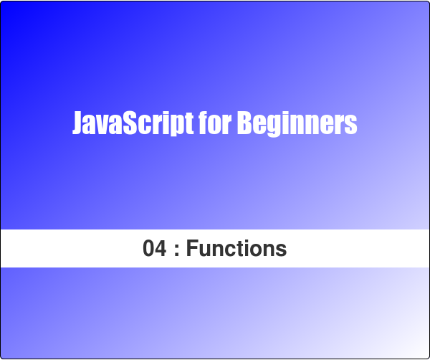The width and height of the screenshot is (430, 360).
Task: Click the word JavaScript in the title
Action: pyautogui.click(x=133, y=124)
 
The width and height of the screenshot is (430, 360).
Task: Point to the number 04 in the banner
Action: pyautogui.click(x=155, y=249)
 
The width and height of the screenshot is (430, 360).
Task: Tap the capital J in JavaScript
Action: pyautogui.click(x=77, y=124)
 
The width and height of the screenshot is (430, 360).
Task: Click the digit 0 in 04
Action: pyautogui.click(x=149, y=249)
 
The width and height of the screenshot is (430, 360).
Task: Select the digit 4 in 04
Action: pyautogui.click(x=161, y=249)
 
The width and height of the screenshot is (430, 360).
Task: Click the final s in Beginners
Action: pyautogui.click(x=350, y=126)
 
